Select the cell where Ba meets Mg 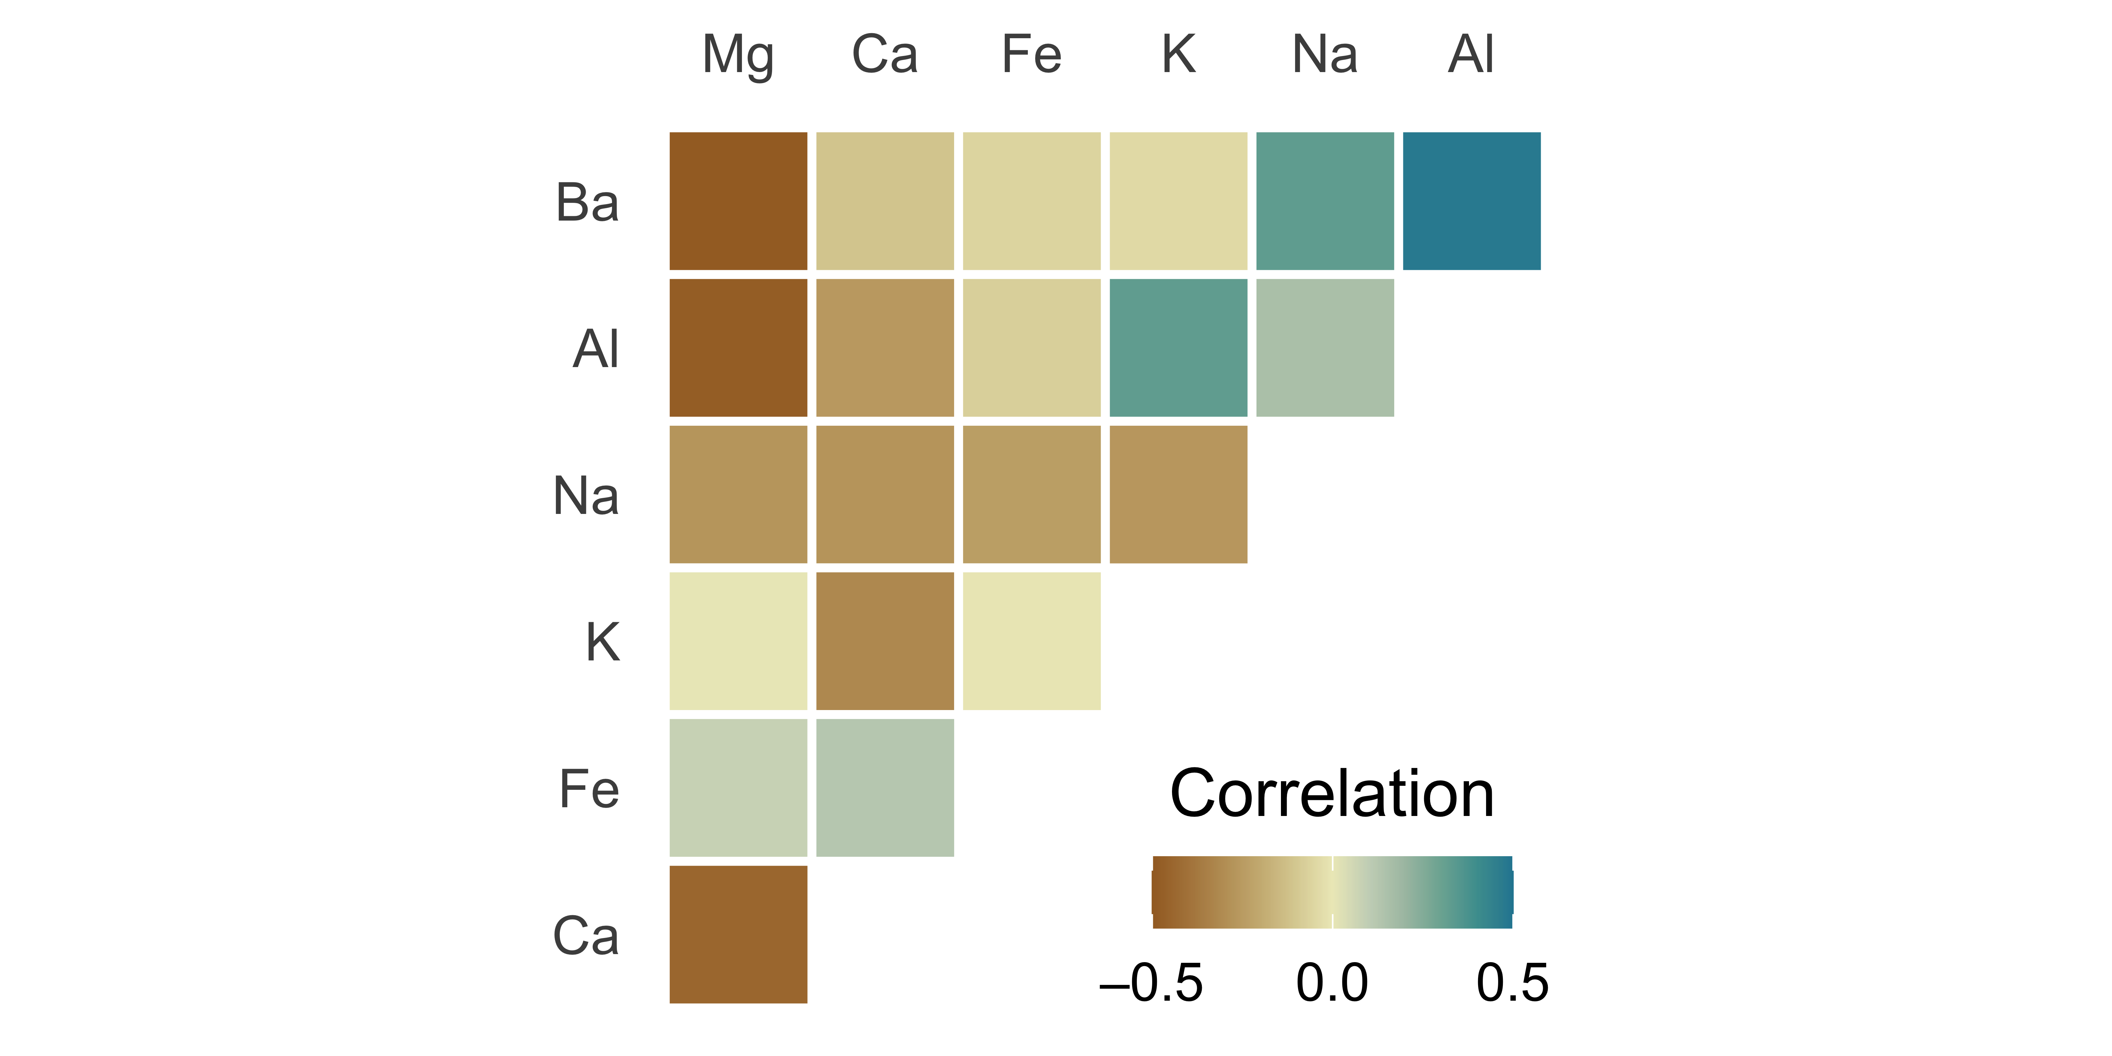(x=738, y=201)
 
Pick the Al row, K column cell (x=1178, y=348)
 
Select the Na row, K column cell (x=1178, y=494)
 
